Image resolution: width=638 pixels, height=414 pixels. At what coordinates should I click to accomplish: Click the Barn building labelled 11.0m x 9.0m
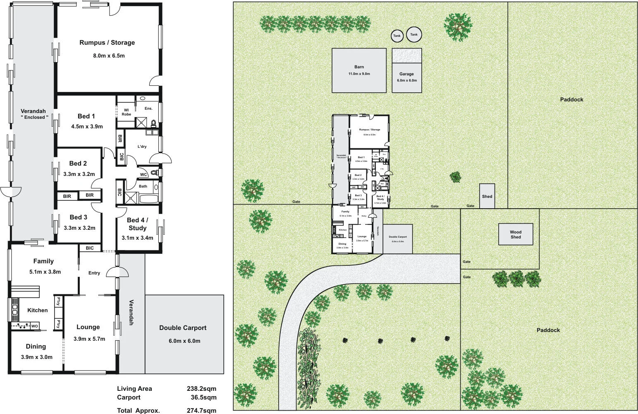(x=359, y=70)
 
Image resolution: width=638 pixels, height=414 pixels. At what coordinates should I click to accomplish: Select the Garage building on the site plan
(x=407, y=77)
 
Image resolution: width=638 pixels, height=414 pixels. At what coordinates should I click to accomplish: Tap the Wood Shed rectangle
(x=516, y=234)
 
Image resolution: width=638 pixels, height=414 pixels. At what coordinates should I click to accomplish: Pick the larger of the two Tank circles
(x=414, y=35)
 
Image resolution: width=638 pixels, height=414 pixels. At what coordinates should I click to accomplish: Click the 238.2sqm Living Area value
(x=201, y=388)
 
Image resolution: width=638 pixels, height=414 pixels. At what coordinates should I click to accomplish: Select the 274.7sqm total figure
(x=201, y=411)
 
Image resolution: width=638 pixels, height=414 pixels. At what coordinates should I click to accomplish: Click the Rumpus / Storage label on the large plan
(x=107, y=43)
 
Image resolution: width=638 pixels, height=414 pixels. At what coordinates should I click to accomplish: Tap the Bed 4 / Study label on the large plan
(x=137, y=224)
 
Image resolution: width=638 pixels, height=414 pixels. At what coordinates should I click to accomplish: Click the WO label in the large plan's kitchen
(x=35, y=326)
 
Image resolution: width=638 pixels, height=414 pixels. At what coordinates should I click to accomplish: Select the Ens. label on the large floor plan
(x=148, y=108)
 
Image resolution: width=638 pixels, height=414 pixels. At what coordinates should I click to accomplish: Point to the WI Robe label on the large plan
(x=126, y=112)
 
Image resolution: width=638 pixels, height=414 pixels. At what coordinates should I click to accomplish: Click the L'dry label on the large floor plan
(x=142, y=147)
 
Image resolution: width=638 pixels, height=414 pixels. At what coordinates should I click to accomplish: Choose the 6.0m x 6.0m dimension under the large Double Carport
(x=184, y=341)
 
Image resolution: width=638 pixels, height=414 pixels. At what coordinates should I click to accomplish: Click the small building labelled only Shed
(x=487, y=196)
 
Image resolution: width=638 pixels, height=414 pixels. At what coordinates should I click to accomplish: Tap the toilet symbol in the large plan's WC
(x=154, y=172)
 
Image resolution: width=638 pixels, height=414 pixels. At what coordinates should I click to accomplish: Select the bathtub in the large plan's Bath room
(x=149, y=199)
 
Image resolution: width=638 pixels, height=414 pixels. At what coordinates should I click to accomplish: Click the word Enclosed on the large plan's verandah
(x=35, y=118)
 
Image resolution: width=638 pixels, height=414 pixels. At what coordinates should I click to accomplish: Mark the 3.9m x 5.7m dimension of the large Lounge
(x=89, y=339)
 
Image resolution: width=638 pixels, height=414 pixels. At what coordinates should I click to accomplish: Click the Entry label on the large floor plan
(x=94, y=273)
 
